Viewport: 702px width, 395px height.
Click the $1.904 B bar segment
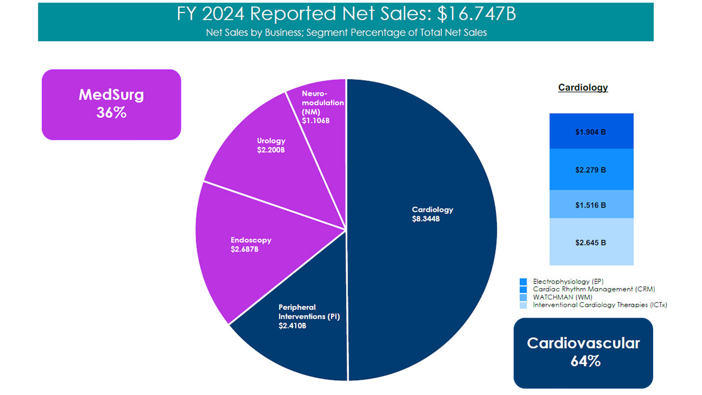[591, 132]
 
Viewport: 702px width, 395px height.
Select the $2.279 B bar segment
[591, 170]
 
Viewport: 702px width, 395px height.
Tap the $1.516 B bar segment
[591, 205]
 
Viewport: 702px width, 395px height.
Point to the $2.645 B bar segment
[591, 242]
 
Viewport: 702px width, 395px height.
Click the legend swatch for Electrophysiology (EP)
[523, 281]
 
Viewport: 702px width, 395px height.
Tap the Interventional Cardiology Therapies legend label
[600, 305]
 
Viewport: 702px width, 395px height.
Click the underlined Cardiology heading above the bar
[583, 87]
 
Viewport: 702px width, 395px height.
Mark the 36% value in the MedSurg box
[111, 113]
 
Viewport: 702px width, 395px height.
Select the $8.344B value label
[426, 219]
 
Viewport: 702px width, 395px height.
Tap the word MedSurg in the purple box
[111, 95]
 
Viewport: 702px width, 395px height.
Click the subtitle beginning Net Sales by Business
[347, 32]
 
